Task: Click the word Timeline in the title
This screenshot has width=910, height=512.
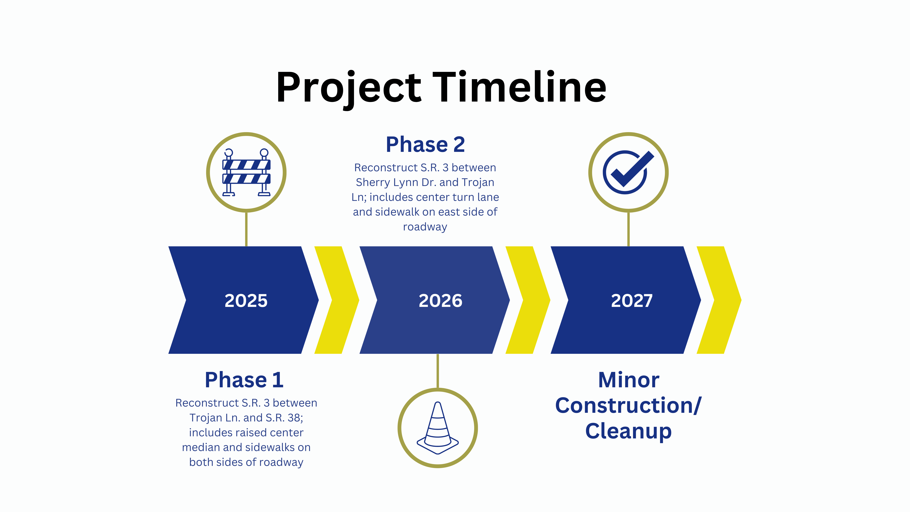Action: (x=519, y=87)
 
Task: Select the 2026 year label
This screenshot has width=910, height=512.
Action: (x=440, y=301)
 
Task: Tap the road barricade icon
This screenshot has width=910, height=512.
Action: (x=246, y=172)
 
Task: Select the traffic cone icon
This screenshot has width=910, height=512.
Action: (x=438, y=428)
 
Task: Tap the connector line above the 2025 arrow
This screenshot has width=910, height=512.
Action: (x=246, y=229)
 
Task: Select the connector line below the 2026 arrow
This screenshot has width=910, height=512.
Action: (x=438, y=371)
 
